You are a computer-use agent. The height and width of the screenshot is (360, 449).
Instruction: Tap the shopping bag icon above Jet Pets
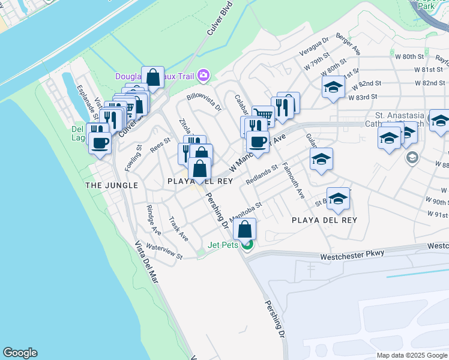click(x=245, y=229)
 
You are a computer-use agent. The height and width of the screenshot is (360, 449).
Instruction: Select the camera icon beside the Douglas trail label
click(x=203, y=75)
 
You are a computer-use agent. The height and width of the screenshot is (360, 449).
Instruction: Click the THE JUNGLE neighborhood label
click(x=103, y=185)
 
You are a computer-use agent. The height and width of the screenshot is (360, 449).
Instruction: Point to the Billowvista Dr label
click(x=204, y=101)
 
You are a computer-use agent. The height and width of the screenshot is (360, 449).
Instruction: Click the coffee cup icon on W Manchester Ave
click(x=258, y=142)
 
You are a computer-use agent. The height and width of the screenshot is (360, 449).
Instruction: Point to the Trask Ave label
click(x=179, y=229)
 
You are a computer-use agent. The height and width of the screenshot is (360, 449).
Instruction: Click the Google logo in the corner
click(x=20, y=353)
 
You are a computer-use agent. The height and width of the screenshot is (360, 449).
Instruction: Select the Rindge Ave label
click(x=154, y=220)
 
